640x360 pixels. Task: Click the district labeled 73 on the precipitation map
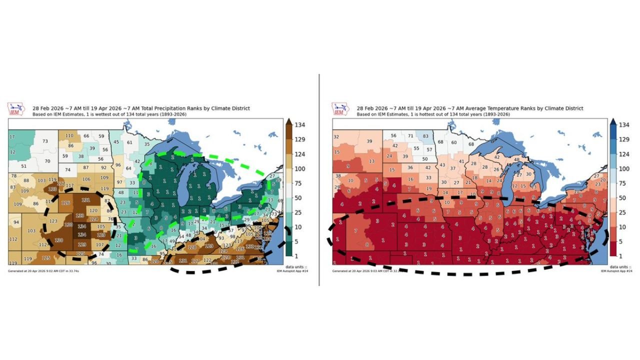pyautogui.click(x=45, y=141)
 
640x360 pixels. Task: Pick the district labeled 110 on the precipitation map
pyautogui.click(x=69, y=135)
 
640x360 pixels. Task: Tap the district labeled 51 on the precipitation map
pyautogui.click(x=24, y=166)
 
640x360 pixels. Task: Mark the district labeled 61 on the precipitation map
pyautogui.click(x=130, y=142)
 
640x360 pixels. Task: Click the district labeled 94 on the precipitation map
pyautogui.click(x=16, y=222)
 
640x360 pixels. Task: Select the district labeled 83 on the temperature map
pyautogui.click(x=425, y=136)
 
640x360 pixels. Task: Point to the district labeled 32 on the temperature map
pyautogui.click(x=336, y=137)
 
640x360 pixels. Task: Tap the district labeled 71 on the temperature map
pyautogui.click(x=410, y=136)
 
